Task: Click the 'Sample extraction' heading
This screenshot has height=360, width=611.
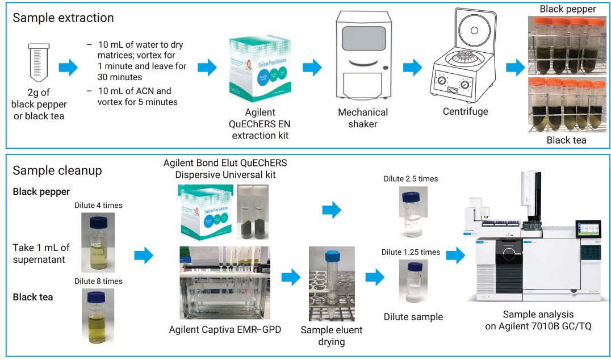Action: click(x=63, y=18)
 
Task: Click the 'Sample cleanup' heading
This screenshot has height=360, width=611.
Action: click(x=57, y=171)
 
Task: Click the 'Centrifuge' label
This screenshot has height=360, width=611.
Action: click(x=465, y=111)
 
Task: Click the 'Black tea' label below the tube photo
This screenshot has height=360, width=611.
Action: click(x=566, y=140)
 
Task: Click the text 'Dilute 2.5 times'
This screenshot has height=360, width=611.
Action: click(x=411, y=179)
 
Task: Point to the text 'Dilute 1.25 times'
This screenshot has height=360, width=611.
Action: click(x=411, y=252)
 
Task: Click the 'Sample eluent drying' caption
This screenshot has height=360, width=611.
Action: click(x=332, y=336)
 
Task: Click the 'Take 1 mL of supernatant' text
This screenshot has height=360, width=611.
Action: click(x=41, y=253)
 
